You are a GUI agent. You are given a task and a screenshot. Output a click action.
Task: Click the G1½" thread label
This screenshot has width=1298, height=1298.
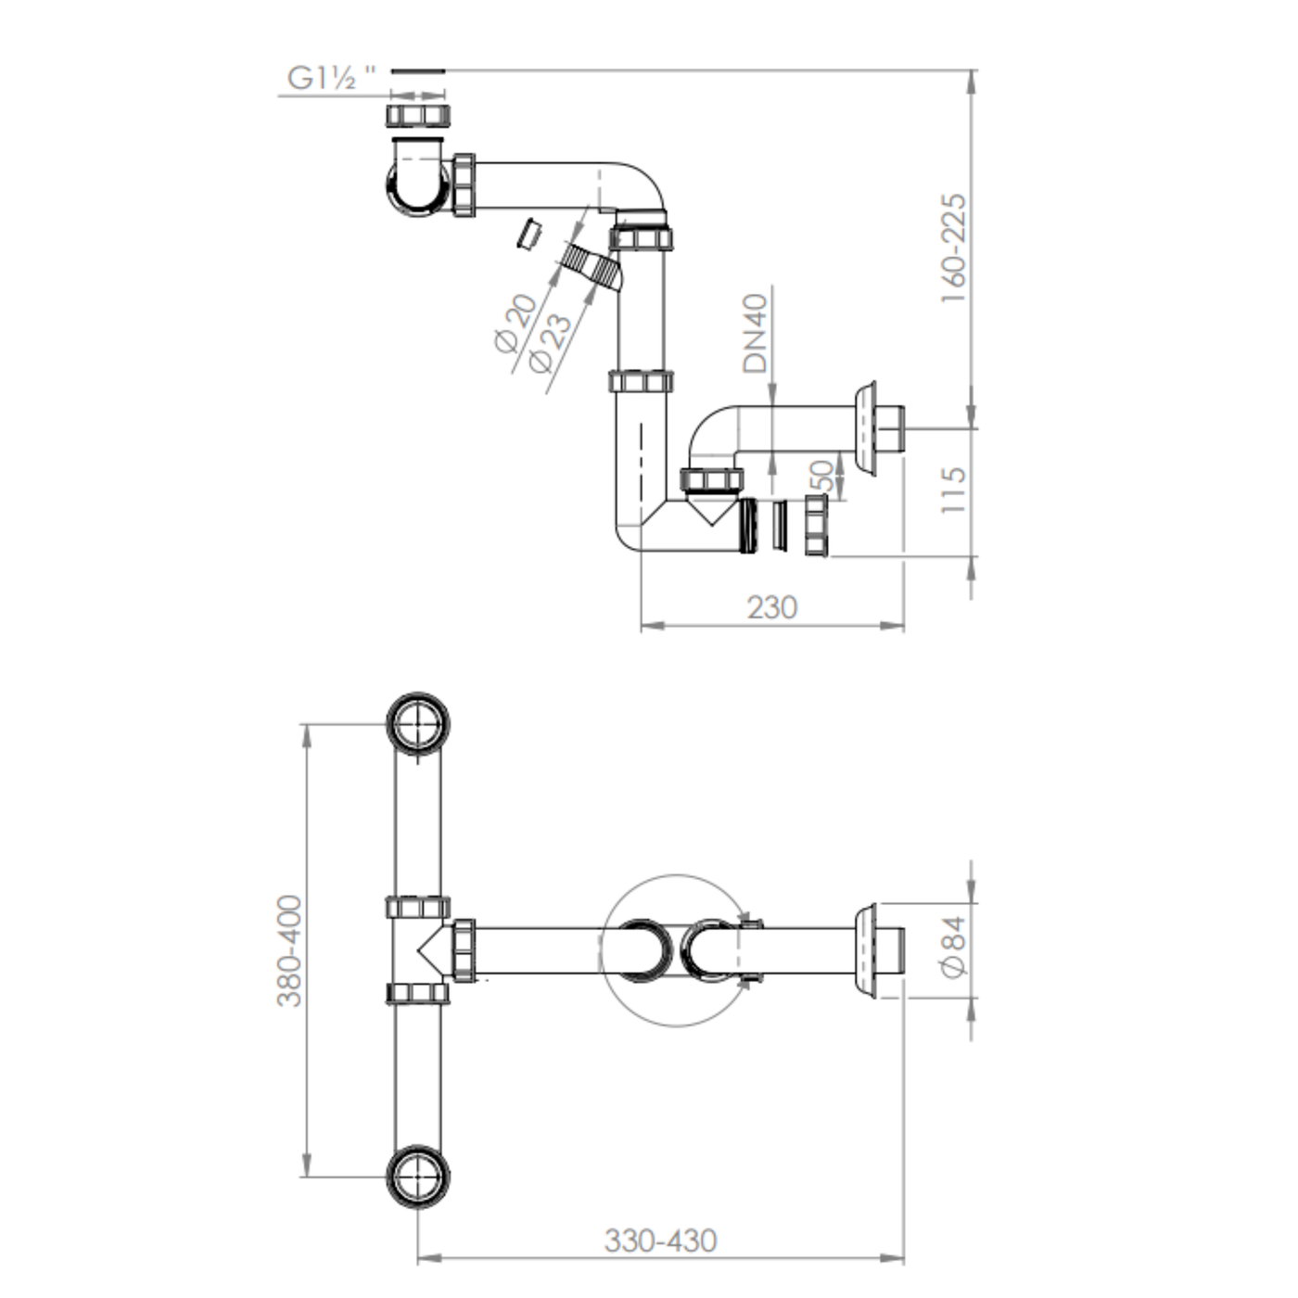click(x=331, y=78)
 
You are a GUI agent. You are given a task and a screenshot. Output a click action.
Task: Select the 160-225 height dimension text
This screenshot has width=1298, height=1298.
click(x=953, y=248)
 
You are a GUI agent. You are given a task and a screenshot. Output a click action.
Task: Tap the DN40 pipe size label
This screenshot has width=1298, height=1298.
click(x=755, y=334)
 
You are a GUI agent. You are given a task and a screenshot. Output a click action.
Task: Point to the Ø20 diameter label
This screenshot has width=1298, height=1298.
click(x=516, y=324)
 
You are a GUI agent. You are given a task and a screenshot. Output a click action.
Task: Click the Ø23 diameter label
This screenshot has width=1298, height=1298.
click(x=551, y=344)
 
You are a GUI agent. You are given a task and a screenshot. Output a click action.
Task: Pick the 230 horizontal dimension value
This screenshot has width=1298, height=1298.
click(x=772, y=607)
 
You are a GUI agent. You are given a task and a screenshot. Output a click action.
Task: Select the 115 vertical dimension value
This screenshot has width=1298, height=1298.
click(x=953, y=490)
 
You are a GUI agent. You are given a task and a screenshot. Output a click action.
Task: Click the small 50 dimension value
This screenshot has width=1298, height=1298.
click(x=821, y=476)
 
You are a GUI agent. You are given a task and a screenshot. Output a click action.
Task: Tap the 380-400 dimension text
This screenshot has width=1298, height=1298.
click(x=289, y=950)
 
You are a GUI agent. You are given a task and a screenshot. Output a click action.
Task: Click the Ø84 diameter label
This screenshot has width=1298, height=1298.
click(x=953, y=947)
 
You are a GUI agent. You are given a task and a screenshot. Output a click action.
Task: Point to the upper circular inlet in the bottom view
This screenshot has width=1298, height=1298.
click(x=417, y=725)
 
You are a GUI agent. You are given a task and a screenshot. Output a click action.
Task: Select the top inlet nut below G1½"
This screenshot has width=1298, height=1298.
click(x=417, y=115)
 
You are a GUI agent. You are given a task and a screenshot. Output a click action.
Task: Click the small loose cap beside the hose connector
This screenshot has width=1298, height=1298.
click(x=529, y=233)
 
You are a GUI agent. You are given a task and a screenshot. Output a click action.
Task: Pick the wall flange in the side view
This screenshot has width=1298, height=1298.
click(x=866, y=429)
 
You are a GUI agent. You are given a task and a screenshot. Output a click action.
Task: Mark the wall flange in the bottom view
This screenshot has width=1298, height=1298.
click(x=866, y=951)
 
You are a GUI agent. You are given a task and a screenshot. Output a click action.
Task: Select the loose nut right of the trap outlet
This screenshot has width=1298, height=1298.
click(x=817, y=526)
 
